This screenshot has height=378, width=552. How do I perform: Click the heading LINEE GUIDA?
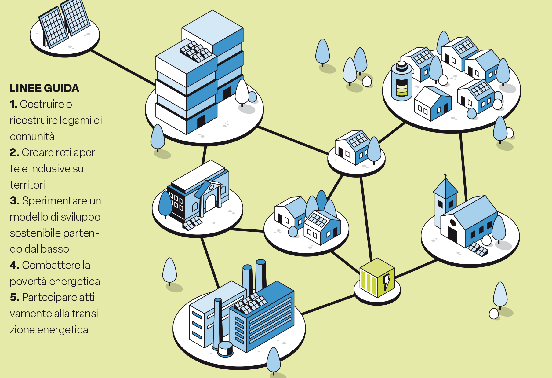[45, 88]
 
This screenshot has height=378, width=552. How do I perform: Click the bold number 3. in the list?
[15, 201]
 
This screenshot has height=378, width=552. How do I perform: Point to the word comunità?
[32, 137]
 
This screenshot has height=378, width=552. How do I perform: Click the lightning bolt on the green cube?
[387, 282]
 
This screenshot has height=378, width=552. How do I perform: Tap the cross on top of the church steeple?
[446, 176]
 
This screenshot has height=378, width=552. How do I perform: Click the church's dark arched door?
[452, 234]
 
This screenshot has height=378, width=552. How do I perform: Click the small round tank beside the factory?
[225, 349]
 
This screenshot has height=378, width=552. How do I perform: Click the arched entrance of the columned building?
[211, 203]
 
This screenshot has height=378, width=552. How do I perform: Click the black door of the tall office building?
[201, 121]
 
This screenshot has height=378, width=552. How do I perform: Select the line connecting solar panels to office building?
[123, 68]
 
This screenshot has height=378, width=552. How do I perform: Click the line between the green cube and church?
[416, 269]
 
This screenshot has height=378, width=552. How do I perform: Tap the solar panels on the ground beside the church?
[478, 249]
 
